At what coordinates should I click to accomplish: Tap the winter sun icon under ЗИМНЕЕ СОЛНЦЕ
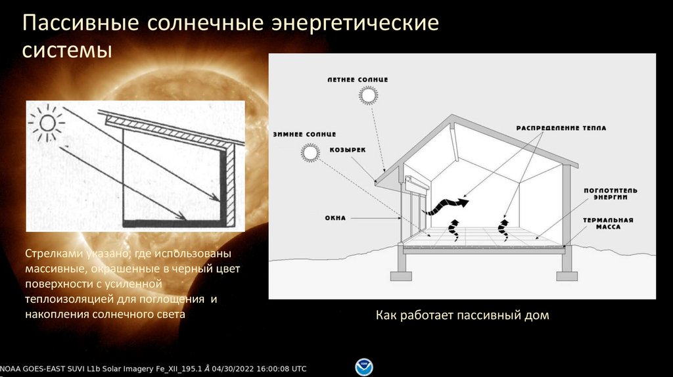click(x=309, y=153)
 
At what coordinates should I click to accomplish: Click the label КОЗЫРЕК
click(x=352, y=149)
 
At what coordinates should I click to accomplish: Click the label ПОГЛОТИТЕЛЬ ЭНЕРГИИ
click(x=609, y=193)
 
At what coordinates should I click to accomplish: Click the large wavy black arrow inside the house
click(x=444, y=206)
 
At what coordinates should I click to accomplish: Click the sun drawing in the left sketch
click(x=48, y=122)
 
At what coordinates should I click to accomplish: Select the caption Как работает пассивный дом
click(x=462, y=316)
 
